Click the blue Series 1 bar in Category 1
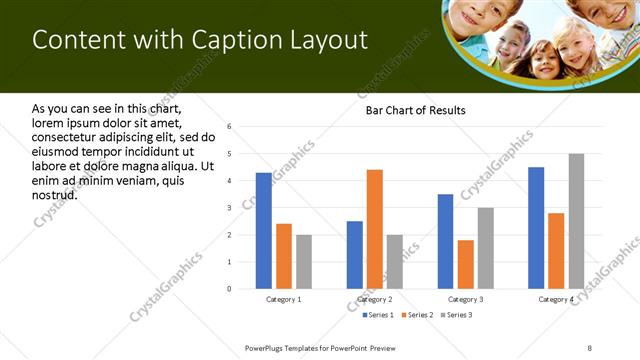point(264,231)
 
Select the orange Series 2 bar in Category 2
point(375,229)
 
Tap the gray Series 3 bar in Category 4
point(576,221)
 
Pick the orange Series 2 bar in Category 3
point(466,264)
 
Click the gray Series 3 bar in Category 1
point(304,262)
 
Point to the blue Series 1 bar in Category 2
point(355,255)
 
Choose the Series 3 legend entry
point(456,315)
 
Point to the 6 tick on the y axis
point(230,127)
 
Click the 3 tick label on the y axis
point(230,208)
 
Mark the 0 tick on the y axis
point(230,289)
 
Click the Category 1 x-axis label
point(284,299)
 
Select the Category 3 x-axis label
point(466,299)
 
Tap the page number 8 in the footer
point(590,347)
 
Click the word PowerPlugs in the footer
point(268,347)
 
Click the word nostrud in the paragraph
point(54,194)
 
